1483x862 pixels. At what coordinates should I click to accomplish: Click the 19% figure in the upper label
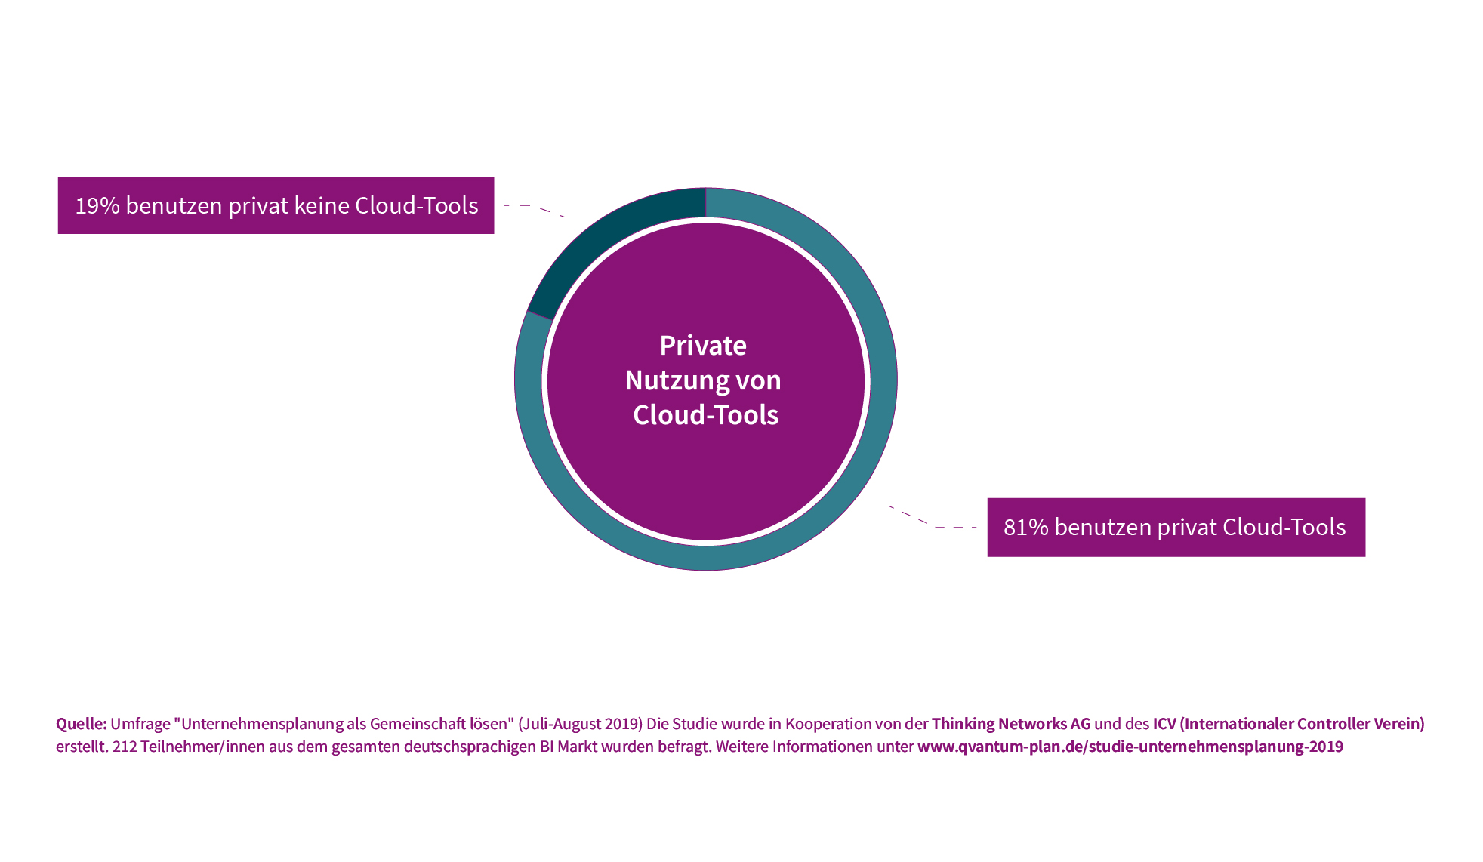[97, 206]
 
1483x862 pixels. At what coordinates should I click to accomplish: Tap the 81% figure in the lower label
[1026, 528]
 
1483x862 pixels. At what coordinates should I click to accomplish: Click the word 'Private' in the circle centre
[703, 346]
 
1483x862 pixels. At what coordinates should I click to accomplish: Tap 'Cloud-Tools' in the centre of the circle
[705, 415]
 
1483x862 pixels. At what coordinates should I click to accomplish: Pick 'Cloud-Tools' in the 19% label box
[417, 206]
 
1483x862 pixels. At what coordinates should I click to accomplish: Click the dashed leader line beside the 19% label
[534, 208]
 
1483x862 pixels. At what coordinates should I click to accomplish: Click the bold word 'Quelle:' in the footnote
[82, 724]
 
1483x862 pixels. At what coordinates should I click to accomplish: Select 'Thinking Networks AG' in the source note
[1011, 724]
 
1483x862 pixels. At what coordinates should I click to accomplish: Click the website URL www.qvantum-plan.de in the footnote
[1130, 747]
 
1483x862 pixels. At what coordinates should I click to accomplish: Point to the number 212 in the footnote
[125, 747]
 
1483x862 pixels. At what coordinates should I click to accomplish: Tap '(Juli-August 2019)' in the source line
[580, 724]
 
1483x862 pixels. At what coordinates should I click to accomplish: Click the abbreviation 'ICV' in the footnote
[1164, 724]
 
